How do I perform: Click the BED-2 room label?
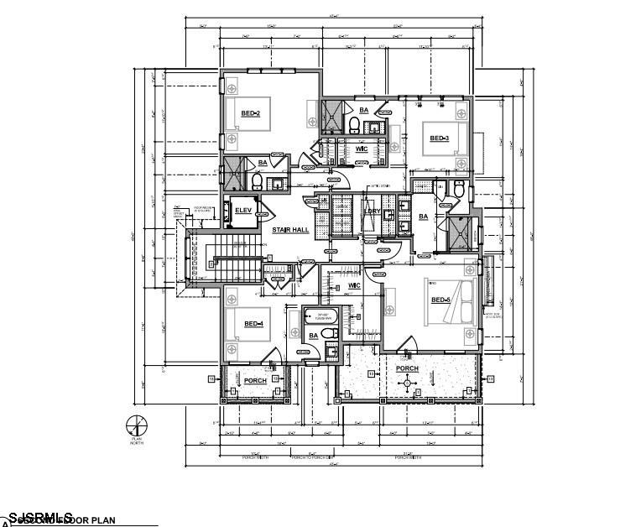tap(250, 113)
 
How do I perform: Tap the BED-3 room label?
tap(439, 138)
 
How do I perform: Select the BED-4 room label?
tap(253, 324)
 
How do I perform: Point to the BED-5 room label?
tap(440, 300)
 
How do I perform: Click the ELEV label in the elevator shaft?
tap(243, 210)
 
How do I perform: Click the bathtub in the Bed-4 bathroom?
tap(318, 317)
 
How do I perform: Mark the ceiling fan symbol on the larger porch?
tap(409, 383)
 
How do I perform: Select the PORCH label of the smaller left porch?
tap(255, 381)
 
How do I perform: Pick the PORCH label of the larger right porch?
tap(407, 368)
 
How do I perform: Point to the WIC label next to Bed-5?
tap(354, 286)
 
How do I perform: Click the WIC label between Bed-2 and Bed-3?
tap(362, 149)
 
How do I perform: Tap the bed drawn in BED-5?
tap(457, 299)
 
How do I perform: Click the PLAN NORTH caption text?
tap(136, 440)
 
